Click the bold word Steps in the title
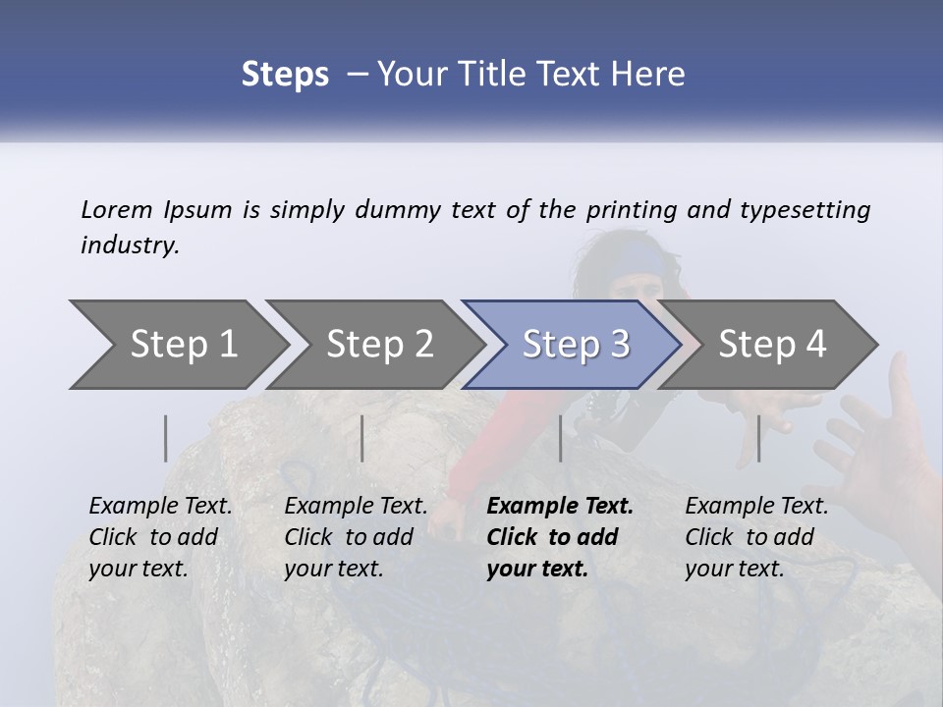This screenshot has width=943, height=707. click(285, 75)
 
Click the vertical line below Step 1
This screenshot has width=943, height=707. click(166, 438)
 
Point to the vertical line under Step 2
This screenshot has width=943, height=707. click(362, 438)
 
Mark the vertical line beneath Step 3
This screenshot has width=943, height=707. click(560, 438)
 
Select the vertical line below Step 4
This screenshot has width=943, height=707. click(758, 438)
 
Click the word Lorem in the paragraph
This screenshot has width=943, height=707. click(117, 209)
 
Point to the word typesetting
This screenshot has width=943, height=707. click(804, 210)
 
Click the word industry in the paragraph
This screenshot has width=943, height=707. click(129, 245)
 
